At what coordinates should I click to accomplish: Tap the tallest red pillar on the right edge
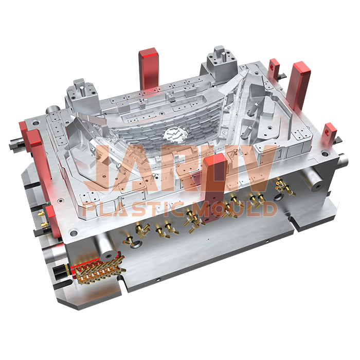click(x=300, y=82)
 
